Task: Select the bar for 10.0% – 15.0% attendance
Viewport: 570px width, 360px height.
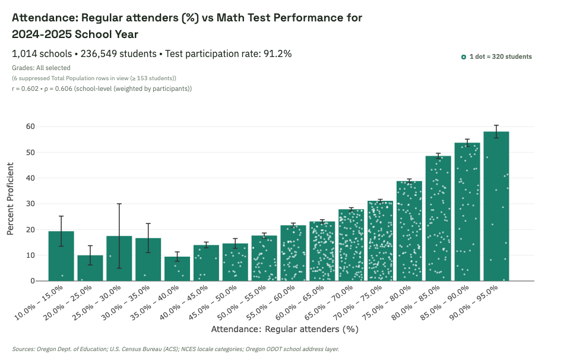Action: pyautogui.click(x=61, y=256)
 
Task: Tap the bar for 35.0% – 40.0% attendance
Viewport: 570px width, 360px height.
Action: pyautogui.click(x=177, y=269)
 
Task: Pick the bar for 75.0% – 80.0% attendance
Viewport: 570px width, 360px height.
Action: pyautogui.click(x=409, y=231)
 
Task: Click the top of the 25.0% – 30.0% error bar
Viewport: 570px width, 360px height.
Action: pyautogui.click(x=119, y=204)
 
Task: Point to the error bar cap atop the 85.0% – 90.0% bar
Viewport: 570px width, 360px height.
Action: pyautogui.click(x=467, y=139)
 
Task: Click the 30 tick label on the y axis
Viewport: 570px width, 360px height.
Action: pyautogui.click(x=30, y=204)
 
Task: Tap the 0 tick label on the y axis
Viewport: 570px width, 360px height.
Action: pyautogui.click(x=32, y=281)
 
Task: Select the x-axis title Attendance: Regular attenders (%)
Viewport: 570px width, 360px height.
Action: pyautogui.click(x=284, y=329)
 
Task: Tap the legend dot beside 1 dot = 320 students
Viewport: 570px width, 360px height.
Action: pyautogui.click(x=464, y=57)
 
